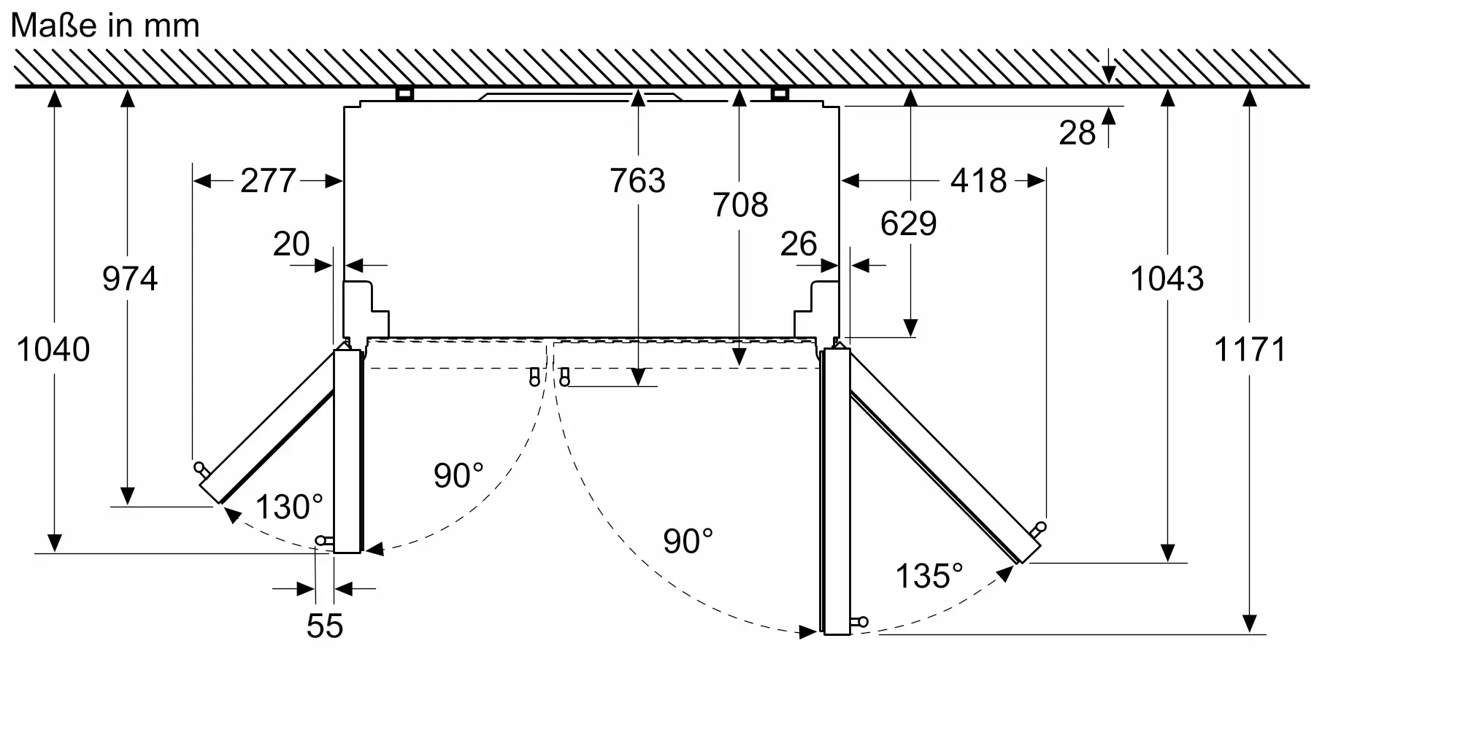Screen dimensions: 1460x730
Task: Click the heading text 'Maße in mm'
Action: pos(105,26)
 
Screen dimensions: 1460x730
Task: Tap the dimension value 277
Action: pos(268,180)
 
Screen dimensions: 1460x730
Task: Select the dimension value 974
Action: pos(130,278)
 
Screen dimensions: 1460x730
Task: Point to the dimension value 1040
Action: pos(53,349)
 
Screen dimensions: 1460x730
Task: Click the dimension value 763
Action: pos(637,180)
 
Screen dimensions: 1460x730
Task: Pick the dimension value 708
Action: pos(740,204)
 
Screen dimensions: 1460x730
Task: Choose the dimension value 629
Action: pos(908,223)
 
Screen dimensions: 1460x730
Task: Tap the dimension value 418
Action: pos(978,180)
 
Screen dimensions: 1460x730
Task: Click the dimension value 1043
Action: pos(1167,278)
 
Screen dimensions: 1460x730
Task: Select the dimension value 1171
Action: pos(1250,349)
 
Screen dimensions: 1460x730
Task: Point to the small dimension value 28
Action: pos(1077,133)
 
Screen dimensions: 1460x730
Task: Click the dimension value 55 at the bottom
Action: pos(325,626)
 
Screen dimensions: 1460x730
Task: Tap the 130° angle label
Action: pos(289,507)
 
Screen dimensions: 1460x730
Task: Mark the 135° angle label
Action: pos(929,576)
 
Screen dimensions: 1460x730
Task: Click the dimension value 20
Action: pos(291,244)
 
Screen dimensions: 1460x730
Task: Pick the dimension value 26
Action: pos(799,244)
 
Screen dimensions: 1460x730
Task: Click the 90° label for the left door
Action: pos(458,475)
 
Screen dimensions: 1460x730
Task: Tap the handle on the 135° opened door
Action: pos(1038,529)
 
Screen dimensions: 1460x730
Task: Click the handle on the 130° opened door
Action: pos(201,469)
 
